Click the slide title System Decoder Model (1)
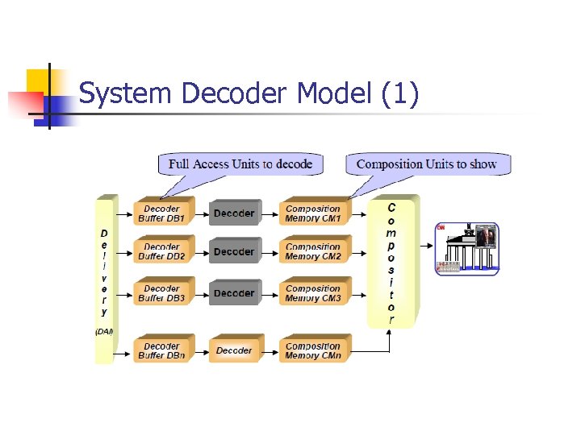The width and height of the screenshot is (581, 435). point(249,94)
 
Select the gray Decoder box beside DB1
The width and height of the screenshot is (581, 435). point(234,213)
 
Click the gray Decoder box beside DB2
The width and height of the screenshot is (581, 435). point(234,252)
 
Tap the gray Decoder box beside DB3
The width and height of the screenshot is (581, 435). point(234,293)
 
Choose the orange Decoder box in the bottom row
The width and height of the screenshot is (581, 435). point(234,350)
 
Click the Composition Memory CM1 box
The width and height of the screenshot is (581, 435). point(313,213)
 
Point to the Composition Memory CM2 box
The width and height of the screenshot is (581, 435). point(313,252)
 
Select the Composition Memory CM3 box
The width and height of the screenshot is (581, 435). point(313,293)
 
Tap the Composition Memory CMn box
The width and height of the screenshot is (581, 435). point(313,350)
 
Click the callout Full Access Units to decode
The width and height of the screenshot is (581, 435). point(240,164)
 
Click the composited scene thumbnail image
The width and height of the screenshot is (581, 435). point(467,248)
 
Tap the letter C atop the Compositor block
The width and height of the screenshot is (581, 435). point(391,208)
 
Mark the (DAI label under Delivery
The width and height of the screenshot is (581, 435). point(104,331)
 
